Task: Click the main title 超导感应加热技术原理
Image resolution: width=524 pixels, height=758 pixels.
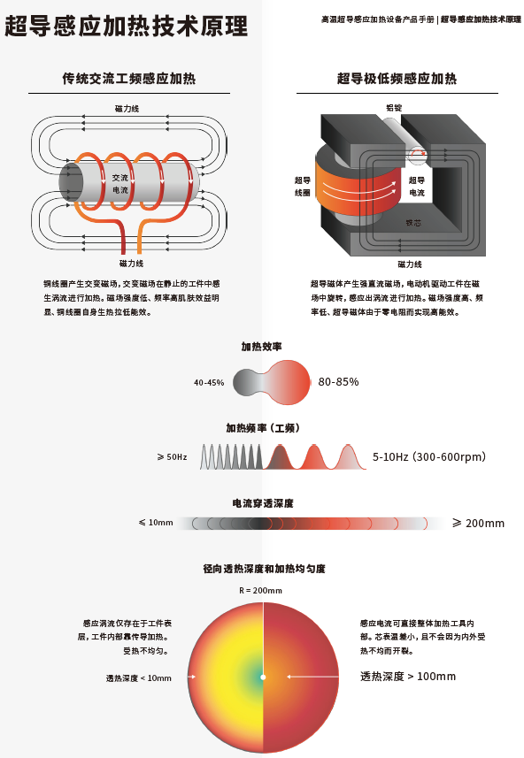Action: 126,27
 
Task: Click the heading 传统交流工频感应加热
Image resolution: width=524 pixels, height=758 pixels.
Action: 128,79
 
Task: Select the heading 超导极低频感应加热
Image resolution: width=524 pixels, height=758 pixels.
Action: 397,79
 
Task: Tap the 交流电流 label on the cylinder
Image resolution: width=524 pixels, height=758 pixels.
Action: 120,184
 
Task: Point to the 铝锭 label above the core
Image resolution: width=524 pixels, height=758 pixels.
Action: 394,107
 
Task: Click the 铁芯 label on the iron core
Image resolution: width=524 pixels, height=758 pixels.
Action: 413,223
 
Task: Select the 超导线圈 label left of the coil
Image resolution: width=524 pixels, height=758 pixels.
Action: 303,187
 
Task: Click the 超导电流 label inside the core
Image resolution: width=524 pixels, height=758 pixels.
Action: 417,187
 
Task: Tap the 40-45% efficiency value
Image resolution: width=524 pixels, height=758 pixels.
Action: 209,382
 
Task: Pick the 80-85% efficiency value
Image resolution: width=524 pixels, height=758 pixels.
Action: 339,382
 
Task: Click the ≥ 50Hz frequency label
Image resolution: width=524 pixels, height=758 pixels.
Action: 173,456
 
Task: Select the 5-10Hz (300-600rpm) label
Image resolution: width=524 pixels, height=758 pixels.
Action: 429,456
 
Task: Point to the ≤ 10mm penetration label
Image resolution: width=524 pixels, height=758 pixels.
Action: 156,523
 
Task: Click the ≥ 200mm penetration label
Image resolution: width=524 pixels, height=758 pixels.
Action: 479,523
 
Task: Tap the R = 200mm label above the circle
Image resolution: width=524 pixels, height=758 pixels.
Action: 260,590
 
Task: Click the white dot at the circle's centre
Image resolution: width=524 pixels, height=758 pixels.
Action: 263,677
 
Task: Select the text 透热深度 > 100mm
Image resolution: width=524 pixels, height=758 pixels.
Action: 408,677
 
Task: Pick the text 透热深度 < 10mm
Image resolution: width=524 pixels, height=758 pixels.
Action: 139,678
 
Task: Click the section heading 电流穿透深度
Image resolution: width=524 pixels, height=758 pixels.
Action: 263,503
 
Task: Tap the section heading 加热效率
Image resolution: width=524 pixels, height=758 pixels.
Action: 262,346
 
